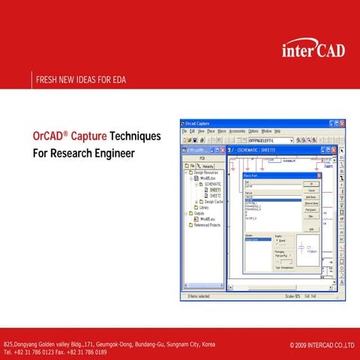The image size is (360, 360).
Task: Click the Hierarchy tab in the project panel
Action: (x=208, y=166)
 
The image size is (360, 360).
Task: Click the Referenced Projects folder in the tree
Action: (x=209, y=224)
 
